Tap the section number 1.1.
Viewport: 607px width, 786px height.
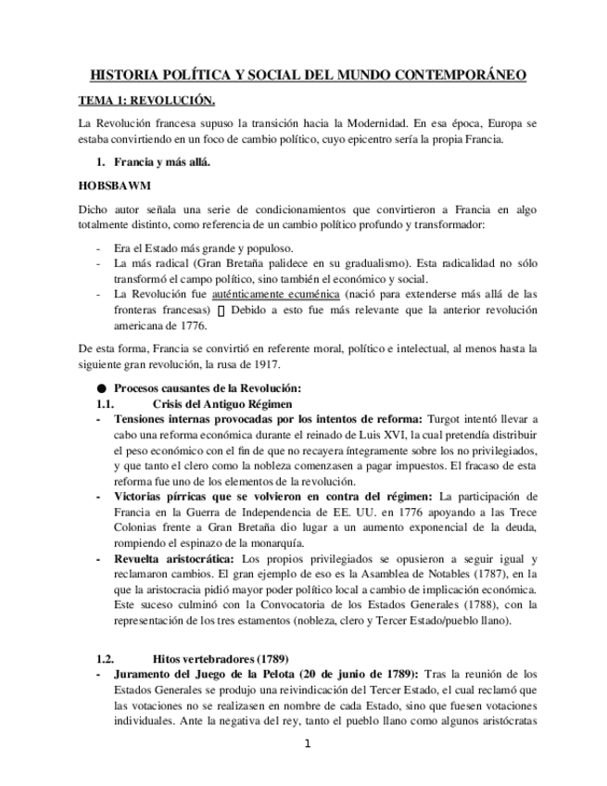coord(108,404)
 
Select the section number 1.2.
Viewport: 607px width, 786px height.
coord(108,658)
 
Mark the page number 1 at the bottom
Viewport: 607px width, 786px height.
coord(307,743)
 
